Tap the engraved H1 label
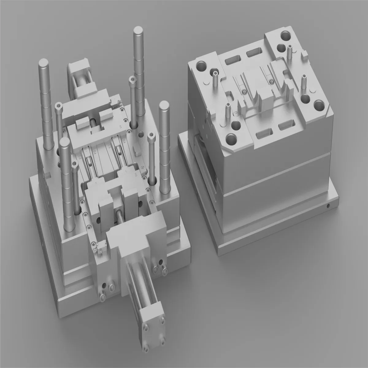coord(121,126)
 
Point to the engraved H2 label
coord(136,175)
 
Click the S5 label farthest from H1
coord(79,157)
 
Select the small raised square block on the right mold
coord(304,56)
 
